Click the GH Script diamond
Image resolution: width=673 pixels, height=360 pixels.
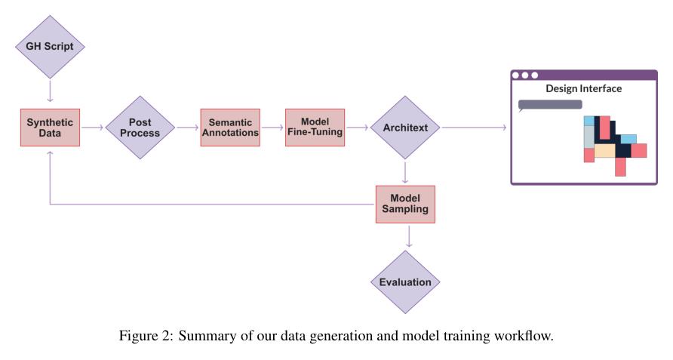click(x=50, y=45)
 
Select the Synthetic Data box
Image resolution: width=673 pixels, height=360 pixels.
click(x=50, y=128)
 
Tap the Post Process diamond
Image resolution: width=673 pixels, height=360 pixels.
click(x=139, y=128)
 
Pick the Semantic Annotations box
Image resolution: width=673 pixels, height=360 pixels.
click(x=229, y=128)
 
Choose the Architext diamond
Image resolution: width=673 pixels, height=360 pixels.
click(x=406, y=128)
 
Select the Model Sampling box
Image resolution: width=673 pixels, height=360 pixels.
click(x=406, y=204)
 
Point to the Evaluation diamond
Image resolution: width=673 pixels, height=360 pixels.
click(x=406, y=282)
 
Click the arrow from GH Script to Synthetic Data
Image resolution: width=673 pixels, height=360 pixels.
click(x=50, y=91)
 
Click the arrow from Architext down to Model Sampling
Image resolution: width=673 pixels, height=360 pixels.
click(x=406, y=173)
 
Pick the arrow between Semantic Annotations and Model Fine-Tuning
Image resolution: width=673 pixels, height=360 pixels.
click(x=272, y=128)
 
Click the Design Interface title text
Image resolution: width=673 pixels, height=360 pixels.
click(x=583, y=89)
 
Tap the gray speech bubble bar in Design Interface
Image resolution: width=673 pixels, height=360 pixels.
click(x=550, y=105)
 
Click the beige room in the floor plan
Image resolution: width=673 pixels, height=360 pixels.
click(x=604, y=151)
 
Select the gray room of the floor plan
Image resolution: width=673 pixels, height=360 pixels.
click(x=588, y=137)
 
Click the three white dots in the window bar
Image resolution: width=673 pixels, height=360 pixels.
click(x=525, y=75)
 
